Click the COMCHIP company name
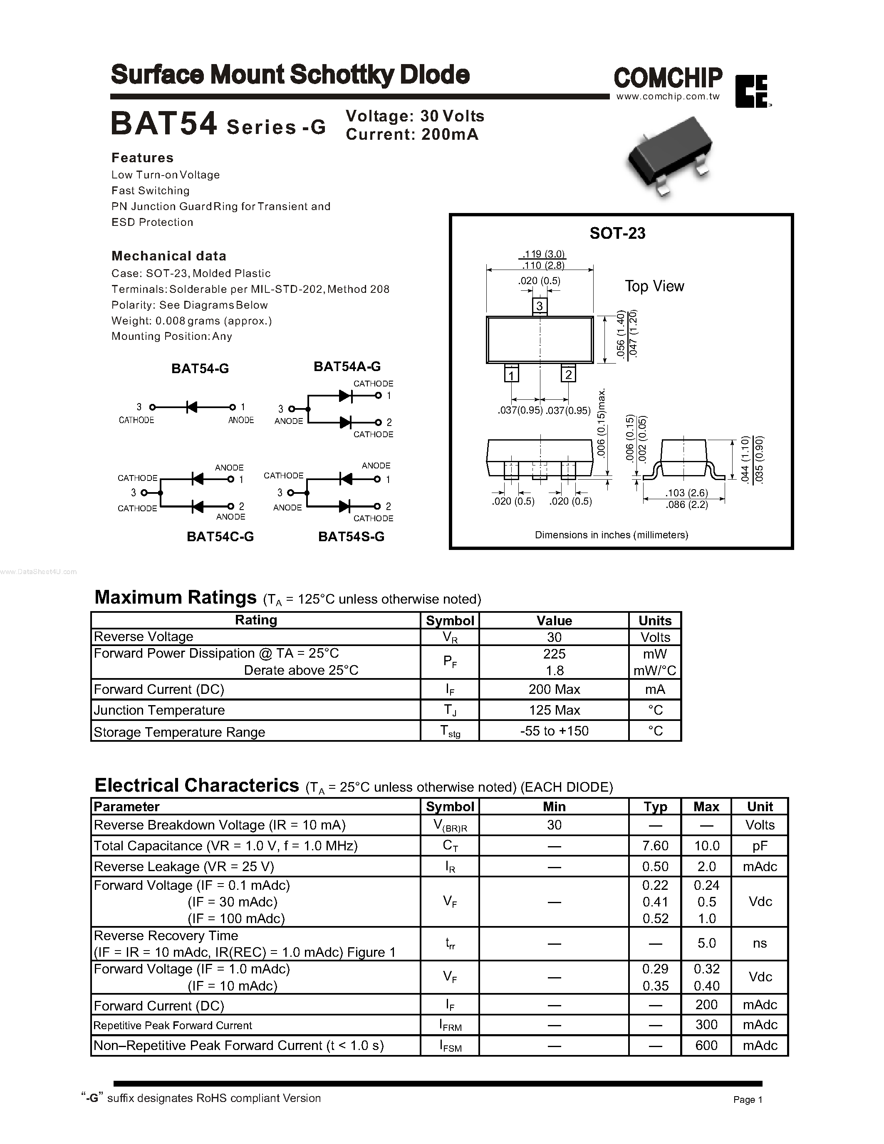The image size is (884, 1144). click(668, 78)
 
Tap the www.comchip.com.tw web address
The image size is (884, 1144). click(668, 97)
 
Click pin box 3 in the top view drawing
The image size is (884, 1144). click(540, 305)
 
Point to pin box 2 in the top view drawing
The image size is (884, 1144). click(568, 374)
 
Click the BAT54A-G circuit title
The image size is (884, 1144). click(347, 366)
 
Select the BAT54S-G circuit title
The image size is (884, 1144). click(351, 536)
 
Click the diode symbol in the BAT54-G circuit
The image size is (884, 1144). click(192, 407)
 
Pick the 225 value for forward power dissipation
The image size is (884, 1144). click(554, 654)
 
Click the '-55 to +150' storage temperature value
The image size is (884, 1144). click(554, 731)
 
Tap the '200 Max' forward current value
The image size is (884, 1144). click(554, 689)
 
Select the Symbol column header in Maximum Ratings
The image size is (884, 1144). click(450, 621)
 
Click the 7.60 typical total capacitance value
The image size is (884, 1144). click(655, 845)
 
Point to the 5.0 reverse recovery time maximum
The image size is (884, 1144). click(706, 943)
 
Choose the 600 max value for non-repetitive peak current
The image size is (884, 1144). click(706, 1045)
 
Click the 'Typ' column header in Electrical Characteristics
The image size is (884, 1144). click(655, 807)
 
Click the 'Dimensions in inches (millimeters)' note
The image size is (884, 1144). click(611, 535)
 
